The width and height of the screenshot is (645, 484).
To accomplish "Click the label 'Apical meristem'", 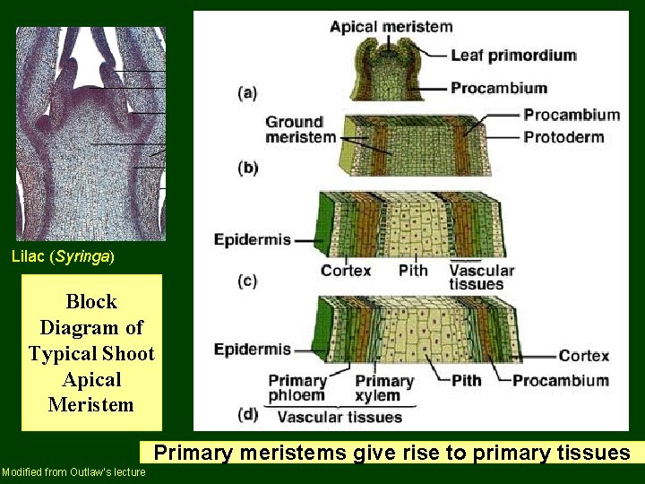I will point(391,26).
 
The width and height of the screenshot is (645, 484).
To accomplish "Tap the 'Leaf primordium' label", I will point(512,56).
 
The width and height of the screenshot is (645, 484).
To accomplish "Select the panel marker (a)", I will point(248,92).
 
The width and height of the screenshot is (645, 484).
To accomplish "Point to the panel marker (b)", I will point(248,168).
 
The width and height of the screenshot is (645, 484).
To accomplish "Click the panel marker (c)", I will point(248,280).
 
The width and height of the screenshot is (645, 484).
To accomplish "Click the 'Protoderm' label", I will point(563,137).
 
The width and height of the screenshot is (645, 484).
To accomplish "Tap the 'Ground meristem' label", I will point(300,129).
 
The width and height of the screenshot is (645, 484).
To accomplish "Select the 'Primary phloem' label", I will point(297,388).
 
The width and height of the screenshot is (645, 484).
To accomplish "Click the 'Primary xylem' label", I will point(383,388).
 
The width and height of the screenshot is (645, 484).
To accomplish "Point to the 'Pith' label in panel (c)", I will point(413,270).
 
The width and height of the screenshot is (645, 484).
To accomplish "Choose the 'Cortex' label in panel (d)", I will point(583,356).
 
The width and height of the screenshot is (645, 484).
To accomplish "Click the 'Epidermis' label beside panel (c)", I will point(252,239).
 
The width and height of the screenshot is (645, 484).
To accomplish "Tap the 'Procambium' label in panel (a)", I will point(498,88).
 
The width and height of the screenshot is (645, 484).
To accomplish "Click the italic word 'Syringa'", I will point(83,256).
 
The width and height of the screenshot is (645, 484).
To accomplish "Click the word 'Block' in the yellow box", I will point(91,301).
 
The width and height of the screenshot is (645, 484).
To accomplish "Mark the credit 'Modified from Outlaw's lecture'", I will point(73,472).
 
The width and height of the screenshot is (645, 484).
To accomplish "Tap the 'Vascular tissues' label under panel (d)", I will point(340,416).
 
